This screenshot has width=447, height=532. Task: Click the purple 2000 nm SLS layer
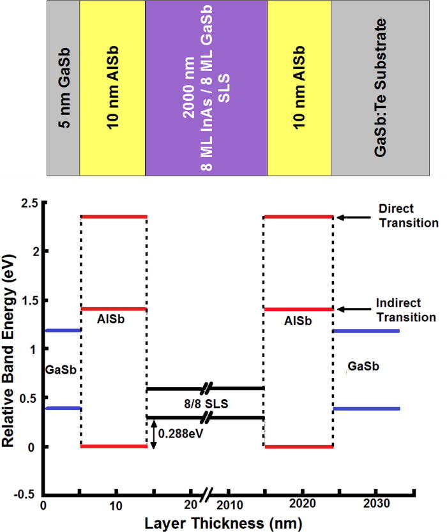click(x=206, y=88)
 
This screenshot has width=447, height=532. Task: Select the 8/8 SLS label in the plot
click(x=205, y=403)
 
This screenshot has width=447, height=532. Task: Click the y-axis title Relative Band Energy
click(x=10, y=347)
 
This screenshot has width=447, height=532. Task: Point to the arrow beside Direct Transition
click(x=350, y=217)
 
